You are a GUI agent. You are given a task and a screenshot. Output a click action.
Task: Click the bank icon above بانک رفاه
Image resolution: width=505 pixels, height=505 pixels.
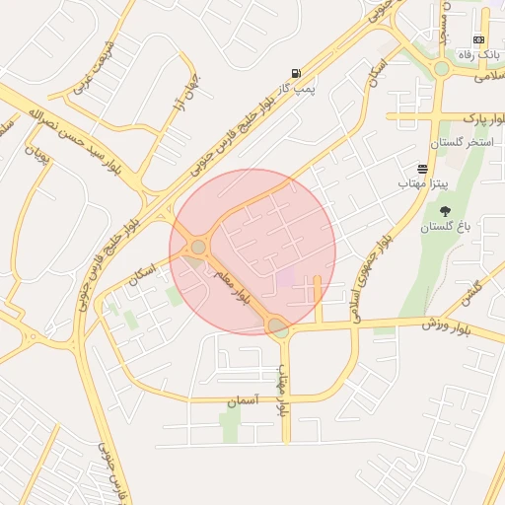[x=479, y=39]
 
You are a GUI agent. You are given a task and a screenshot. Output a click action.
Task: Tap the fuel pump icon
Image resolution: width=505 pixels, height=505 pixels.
[x=295, y=73]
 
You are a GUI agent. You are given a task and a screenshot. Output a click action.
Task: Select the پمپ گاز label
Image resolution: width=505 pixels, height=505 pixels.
[x=294, y=89]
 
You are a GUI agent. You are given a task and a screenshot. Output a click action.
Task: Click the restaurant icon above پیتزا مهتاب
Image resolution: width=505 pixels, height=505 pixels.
[x=423, y=169]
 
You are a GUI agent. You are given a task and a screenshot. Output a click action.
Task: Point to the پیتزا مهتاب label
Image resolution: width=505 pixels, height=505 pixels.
[x=423, y=183]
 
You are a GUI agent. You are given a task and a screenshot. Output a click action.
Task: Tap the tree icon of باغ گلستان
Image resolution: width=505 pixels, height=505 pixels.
[x=445, y=210]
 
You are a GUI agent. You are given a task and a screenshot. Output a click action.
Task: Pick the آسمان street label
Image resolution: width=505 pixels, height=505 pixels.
[x=240, y=400]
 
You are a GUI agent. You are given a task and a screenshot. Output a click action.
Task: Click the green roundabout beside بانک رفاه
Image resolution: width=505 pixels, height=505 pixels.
[x=441, y=68]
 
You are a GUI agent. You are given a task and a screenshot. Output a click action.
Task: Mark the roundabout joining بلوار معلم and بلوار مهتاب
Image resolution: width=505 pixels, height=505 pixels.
[x=278, y=325]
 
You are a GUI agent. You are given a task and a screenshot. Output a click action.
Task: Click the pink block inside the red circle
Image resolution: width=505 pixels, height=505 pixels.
[x=285, y=278]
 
